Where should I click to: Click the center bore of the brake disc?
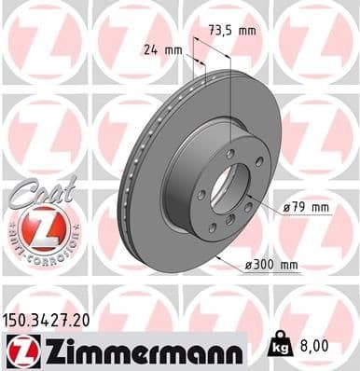[x=221, y=187]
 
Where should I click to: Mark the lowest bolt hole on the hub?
[x=213, y=227]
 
